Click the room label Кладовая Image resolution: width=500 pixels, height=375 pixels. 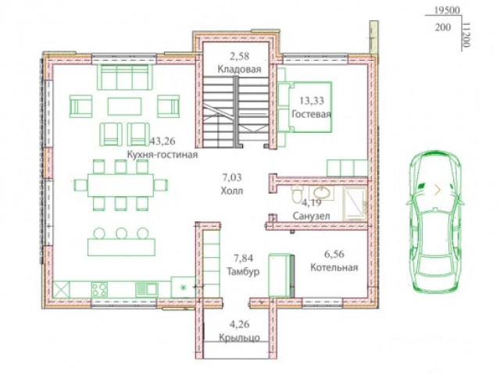point(239,70)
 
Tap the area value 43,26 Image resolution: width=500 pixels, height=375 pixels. point(162,141)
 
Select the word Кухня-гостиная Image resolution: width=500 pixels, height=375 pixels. point(162,155)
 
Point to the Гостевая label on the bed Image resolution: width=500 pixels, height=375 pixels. point(311,114)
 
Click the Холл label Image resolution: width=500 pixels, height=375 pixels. point(232,191)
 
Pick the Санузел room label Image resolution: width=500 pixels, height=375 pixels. point(311,216)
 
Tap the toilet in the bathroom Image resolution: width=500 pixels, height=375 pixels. point(297,193)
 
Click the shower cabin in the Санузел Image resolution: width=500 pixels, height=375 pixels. point(355,204)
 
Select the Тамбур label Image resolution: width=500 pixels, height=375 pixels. point(243,271)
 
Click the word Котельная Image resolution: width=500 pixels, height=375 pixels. point(334,267)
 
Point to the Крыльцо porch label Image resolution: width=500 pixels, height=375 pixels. point(240,337)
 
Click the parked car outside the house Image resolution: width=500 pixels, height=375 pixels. point(435,221)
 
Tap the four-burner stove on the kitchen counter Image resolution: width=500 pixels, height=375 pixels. point(99,290)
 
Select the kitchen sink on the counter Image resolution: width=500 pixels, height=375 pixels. point(146,290)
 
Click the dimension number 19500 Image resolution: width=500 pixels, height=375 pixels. point(447,10)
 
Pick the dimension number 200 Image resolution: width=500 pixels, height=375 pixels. point(443,27)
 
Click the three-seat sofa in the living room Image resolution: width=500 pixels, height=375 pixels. point(125,77)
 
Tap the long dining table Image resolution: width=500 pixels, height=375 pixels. point(120,185)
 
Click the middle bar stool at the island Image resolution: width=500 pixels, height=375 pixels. point(122,233)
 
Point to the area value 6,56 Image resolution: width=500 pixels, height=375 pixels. point(334,254)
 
